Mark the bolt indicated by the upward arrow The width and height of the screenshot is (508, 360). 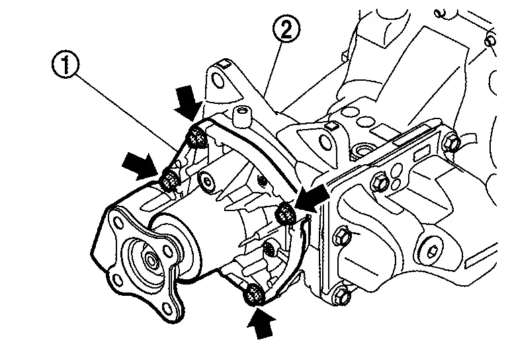(x=253, y=295)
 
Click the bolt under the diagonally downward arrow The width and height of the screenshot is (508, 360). (x=196, y=137)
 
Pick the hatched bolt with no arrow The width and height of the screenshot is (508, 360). (x=270, y=249)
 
